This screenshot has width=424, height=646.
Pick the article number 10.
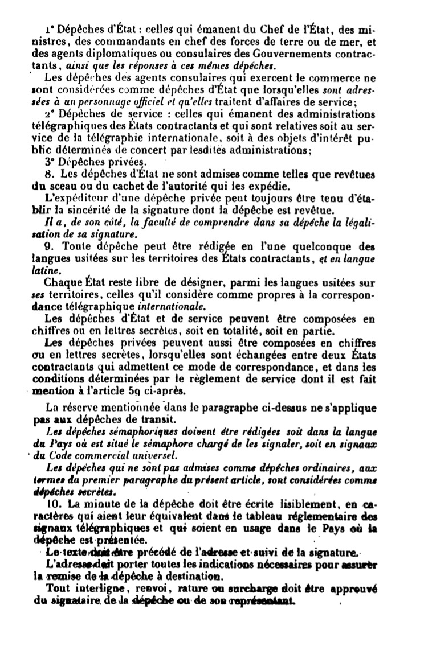(x=51, y=505)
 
